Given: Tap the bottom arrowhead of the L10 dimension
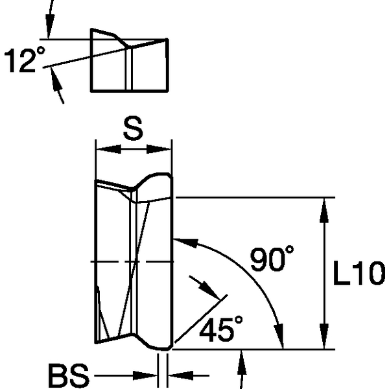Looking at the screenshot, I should point(324,341).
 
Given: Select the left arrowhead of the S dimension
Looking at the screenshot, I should point(103,149).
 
